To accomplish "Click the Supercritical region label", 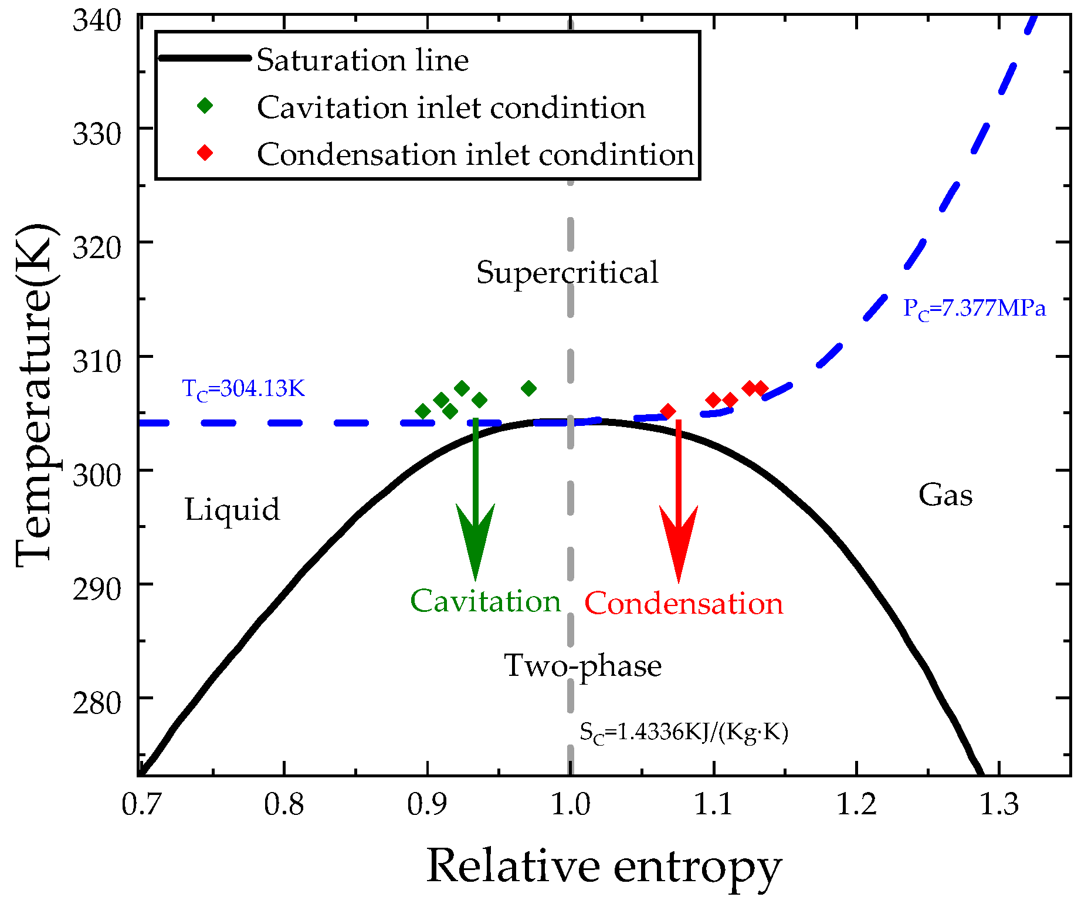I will [567, 273].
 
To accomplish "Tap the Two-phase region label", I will [582, 666].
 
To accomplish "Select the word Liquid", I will [232, 509].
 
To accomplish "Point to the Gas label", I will [945, 495].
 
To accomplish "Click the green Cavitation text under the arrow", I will [485, 601].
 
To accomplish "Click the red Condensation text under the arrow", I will [683, 604].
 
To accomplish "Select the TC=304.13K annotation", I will [243, 389].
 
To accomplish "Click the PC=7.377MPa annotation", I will [974, 309].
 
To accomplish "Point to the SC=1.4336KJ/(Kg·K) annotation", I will [683, 733].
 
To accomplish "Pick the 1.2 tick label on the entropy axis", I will [856, 804].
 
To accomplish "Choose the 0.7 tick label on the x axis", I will [141, 804].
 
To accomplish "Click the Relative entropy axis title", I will [604, 867].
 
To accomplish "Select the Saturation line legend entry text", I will [362, 60].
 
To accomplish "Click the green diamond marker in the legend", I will [205, 106].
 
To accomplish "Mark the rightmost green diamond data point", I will [528, 388].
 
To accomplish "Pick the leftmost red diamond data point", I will [667, 412].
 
